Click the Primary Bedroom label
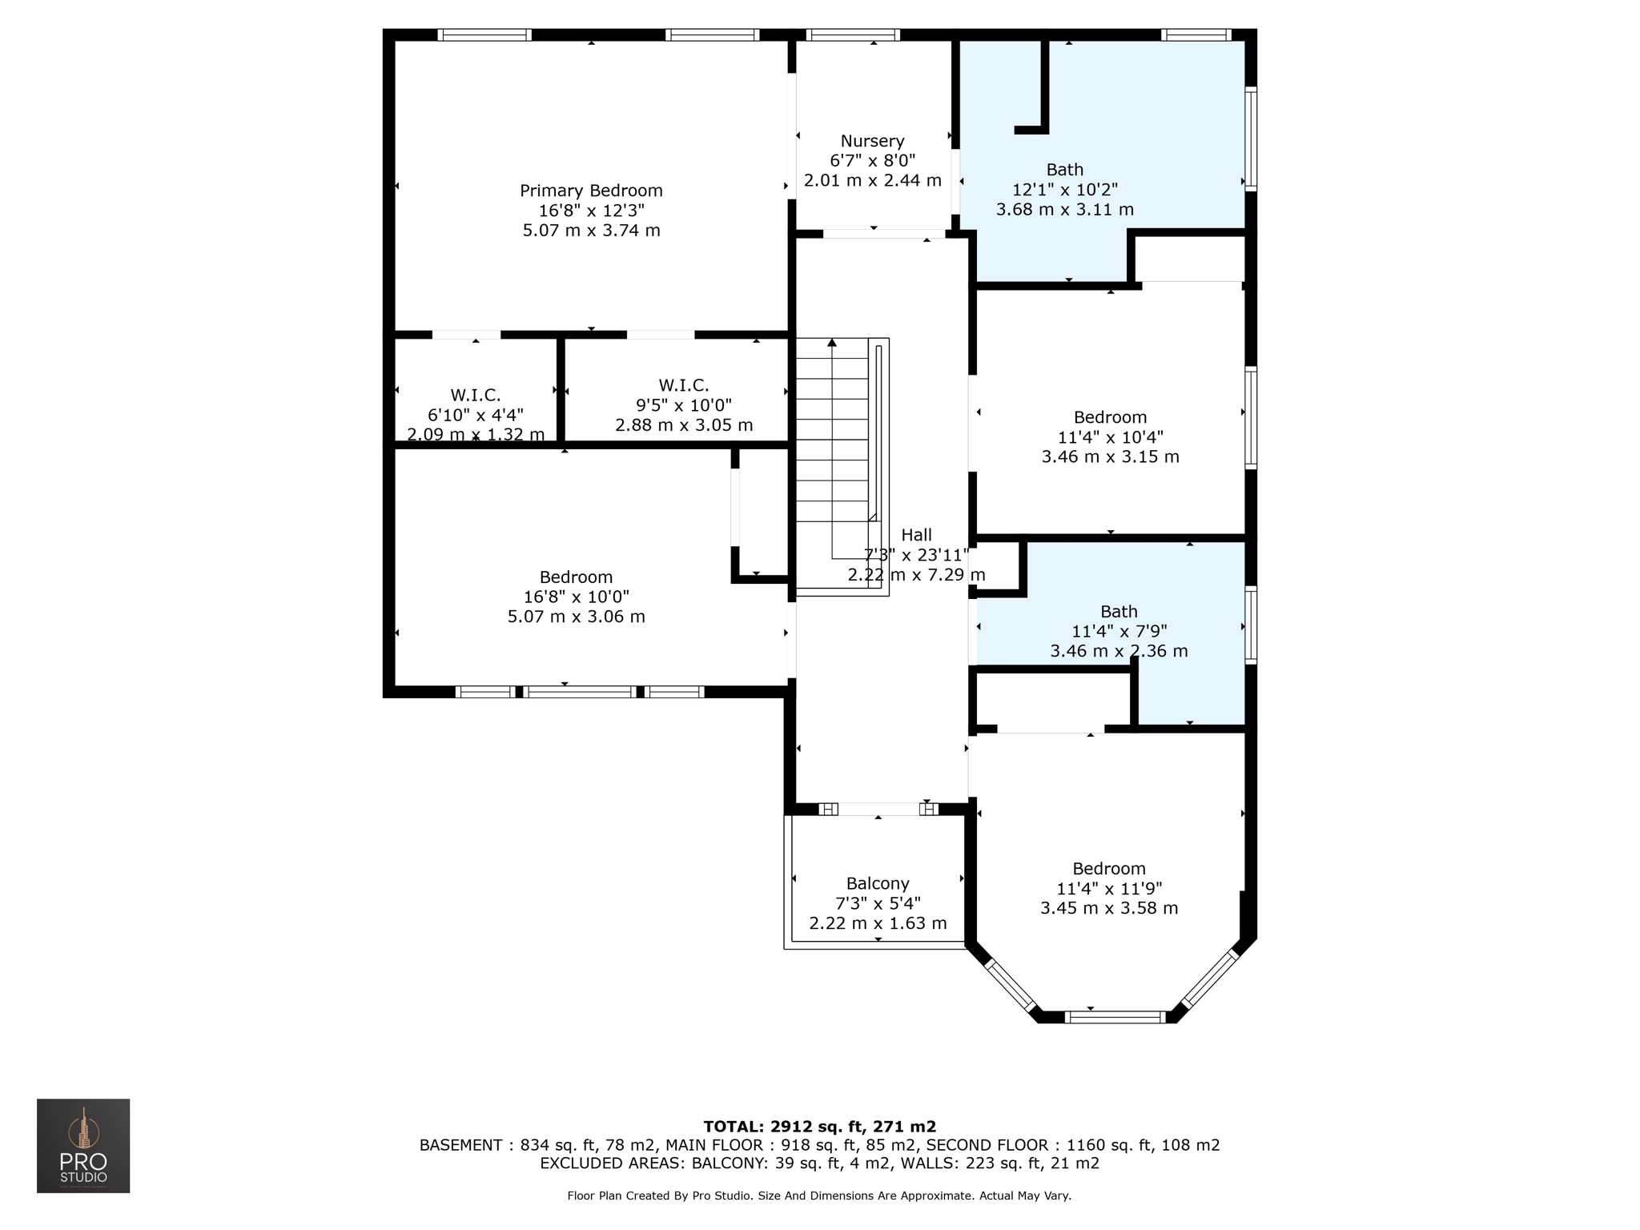point(591,191)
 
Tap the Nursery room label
point(872,142)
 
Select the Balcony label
point(878,883)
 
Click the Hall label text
point(916,535)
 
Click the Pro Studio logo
point(83,1146)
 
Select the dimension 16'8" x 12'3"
point(591,211)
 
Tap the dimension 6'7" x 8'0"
point(872,161)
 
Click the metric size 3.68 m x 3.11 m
point(1065,210)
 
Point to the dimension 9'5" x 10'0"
point(684,405)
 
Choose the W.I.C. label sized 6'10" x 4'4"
point(476,395)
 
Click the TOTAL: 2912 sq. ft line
point(819,1127)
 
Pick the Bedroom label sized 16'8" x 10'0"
point(576,577)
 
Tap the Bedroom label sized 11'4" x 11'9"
point(1109,869)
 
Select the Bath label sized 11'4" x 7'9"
point(1119,612)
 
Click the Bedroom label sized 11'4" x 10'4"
point(1110,417)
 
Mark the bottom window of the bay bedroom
point(1116,1017)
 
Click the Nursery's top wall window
point(853,34)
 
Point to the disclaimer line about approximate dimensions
point(819,1196)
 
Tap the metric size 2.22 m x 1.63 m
point(878,923)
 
